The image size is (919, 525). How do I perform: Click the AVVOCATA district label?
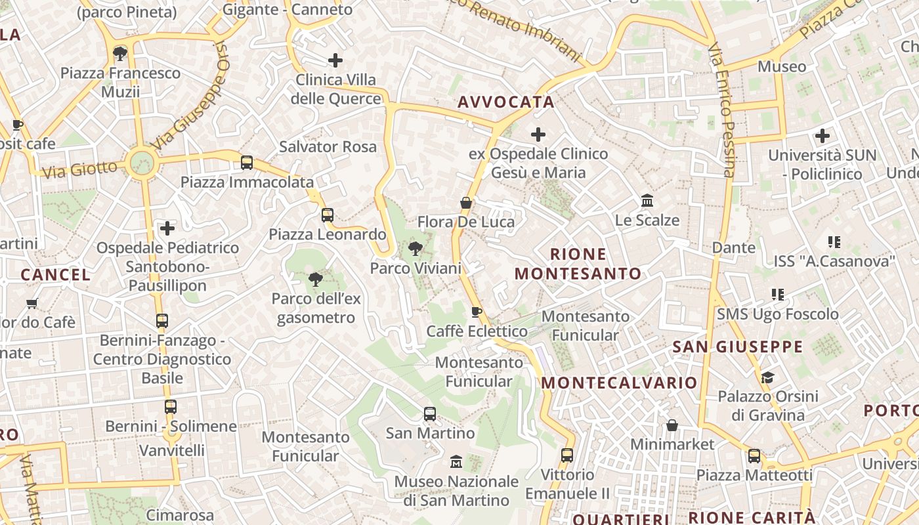click(x=506, y=102)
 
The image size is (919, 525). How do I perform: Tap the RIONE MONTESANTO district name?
click(x=578, y=264)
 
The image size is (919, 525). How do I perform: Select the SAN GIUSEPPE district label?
click(x=738, y=346)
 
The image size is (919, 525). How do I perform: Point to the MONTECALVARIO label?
click(x=620, y=383)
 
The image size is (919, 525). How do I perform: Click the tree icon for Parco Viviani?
click(x=415, y=249)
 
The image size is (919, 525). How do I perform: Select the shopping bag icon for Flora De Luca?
click(x=466, y=203)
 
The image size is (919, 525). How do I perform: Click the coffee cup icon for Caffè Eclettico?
click(x=477, y=312)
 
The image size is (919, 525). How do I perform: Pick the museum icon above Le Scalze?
click(x=647, y=200)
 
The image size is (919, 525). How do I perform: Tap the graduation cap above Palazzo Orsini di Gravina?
click(x=767, y=377)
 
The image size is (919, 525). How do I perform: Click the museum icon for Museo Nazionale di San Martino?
click(x=456, y=462)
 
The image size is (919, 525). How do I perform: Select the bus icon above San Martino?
click(x=430, y=414)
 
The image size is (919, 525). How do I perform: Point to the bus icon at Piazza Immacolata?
click(x=247, y=162)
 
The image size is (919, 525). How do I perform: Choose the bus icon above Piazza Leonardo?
click(x=328, y=215)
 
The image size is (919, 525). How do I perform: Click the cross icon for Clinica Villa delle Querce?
click(x=335, y=60)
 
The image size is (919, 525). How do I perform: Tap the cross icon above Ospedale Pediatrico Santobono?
click(x=167, y=228)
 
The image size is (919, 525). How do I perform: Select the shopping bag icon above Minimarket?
click(x=672, y=425)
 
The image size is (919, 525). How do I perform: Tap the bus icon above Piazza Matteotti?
click(x=754, y=455)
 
